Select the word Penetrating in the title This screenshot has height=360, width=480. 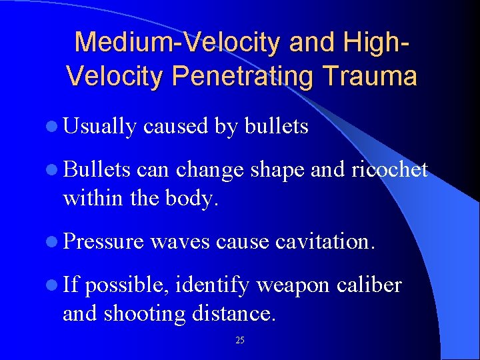click(x=241, y=76)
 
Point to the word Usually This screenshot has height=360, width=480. click(x=100, y=126)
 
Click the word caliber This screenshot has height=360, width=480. click(x=370, y=285)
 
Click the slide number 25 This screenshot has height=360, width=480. click(x=240, y=341)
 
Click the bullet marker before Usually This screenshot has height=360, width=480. click(x=55, y=127)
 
